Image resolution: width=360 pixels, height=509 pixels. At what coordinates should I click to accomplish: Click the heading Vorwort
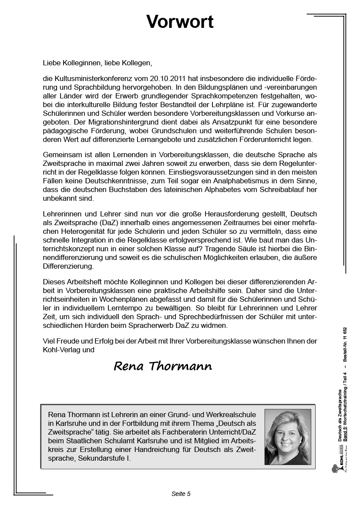(180, 21)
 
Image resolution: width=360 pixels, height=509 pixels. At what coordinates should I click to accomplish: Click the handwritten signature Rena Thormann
(163, 366)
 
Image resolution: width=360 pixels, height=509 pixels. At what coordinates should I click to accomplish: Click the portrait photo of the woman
(287, 437)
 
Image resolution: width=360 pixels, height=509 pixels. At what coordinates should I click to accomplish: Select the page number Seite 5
(181, 494)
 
